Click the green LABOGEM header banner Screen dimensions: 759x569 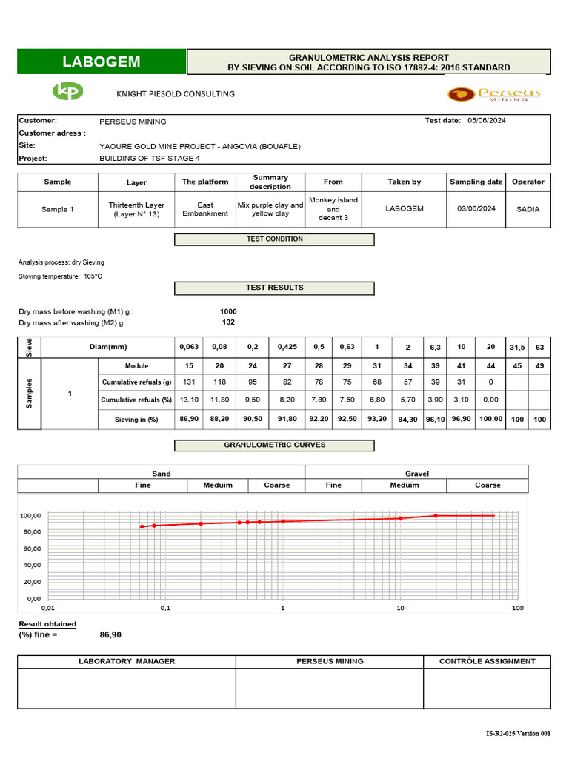pyautogui.click(x=101, y=62)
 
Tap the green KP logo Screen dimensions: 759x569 pyautogui.click(x=67, y=92)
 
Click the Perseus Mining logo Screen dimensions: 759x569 pyautogui.click(x=494, y=94)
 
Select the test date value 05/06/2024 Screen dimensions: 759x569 pyautogui.click(x=488, y=121)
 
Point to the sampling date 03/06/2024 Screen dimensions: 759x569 pyautogui.click(x=476, y=209)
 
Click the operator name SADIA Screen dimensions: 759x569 pyautogui.click(x=528, y=209)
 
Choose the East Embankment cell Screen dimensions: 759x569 pyautogui.click(x=205, y=209)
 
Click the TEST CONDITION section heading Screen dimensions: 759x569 pyautogui.click(x=274, y=239)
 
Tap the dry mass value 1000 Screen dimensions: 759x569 pyautogui.click(x=230, y=311)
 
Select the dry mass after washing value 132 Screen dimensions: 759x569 pyautogui.click(x=229, y=322)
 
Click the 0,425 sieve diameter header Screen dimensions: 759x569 pyautogui.click(x=287, y=346)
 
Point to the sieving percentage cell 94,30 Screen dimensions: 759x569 pyautogui.click(x=407, y=420)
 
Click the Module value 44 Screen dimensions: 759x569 pyautogui.click(x=490, y=365)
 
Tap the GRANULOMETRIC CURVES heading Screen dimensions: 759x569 pyautogui.click(x=274, y=445)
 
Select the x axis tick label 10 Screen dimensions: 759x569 pyautogui.click(x=400, y=609)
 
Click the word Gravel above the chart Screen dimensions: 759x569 pyautogui.click(x=417, y=473)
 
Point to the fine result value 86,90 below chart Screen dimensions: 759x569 pyautogui.click(x=110, y=634)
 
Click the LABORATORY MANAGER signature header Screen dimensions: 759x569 pyautogui.click(x=127, y=661)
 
